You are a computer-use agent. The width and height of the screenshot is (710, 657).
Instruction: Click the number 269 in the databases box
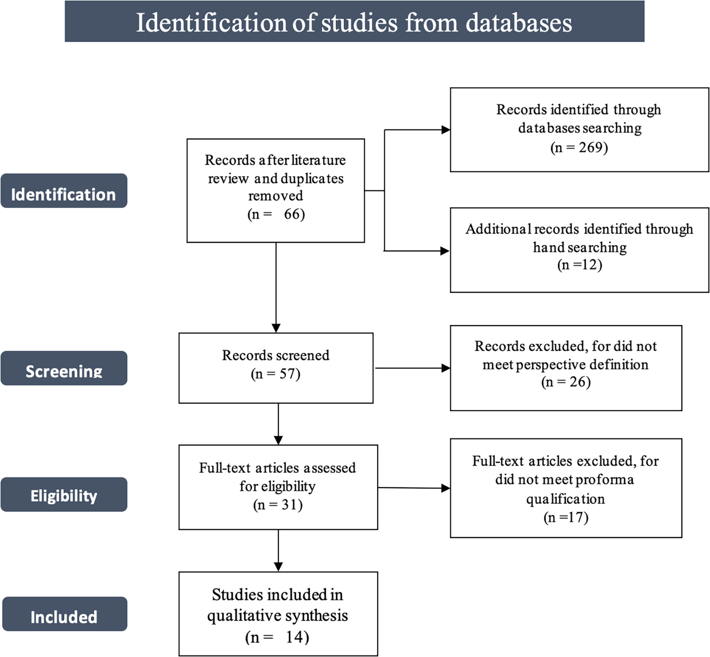pos(590,147)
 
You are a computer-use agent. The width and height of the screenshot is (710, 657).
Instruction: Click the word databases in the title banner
pos(519,22)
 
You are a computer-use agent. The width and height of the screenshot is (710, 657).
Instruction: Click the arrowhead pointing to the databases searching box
pos(446,130)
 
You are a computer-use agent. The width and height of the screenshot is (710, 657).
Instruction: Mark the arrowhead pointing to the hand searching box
pos(445,251)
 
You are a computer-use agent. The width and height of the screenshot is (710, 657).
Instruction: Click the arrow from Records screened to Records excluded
pos(413,368)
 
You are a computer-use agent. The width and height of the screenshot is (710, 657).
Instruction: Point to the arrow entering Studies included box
pos(278,550)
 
